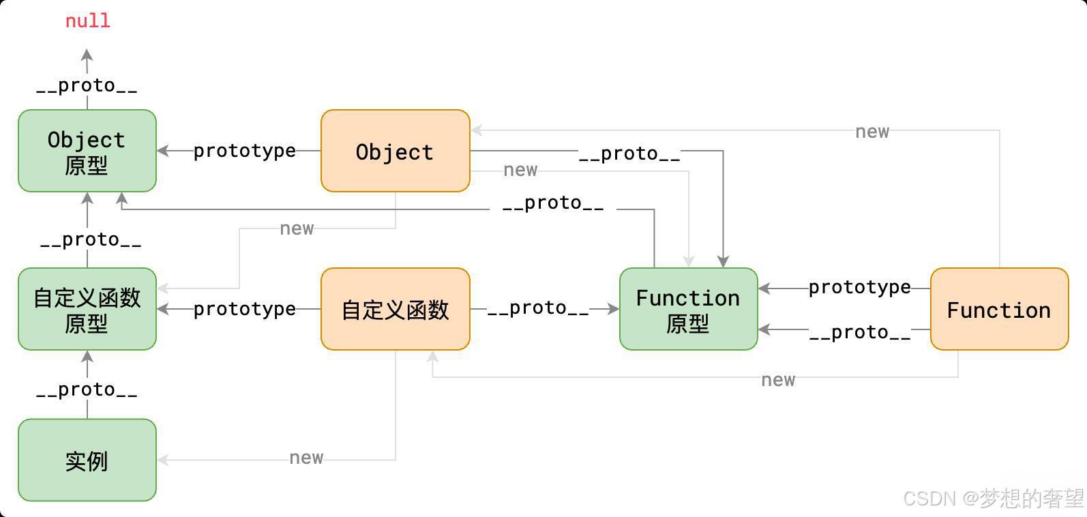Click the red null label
[x=88, y=21]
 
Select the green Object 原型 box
[x=87, y=151]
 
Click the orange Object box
[x=396, y=151]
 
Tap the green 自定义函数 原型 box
[x=87, y=309]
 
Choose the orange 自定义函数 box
[x=396, y=309]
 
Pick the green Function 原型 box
[x=689, y=309]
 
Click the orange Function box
[x=1000, y=309]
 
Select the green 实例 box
[x=87, y=460]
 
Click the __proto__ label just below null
[x=87, y=86]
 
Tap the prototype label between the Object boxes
[x=245, y=151]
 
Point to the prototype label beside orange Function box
[x=860, y=287]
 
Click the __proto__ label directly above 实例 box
[x=87, y=390]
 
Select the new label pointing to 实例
[x=306, y=458]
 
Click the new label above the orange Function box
[x=872, y=132]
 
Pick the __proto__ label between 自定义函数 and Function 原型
[x=538, y=308]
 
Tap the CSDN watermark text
[x=993, y=499]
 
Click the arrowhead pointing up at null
[x=87, y=55]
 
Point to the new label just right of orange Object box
[x=521, y=170]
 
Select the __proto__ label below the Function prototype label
[x=860, y=333]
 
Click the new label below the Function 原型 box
[x=778, y=380]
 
